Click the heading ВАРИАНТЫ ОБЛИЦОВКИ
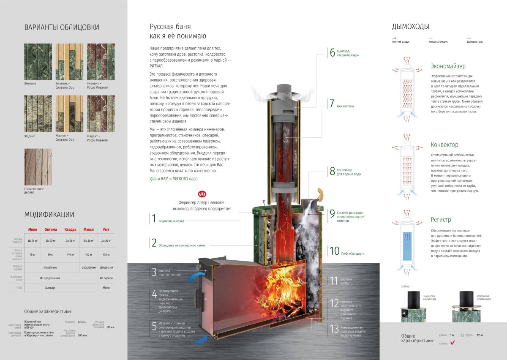pyautogui.click(x=62, y=27)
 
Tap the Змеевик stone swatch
pyautogui.click(x=38, y=62)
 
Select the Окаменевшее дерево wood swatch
pyautogui.click(x=38, y=167)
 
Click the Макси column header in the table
pyautogui.click(x=88, y=229)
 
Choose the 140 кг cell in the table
pyautogui.click(x=70, y=254)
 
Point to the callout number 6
pyautogui.click(x=332, y=53)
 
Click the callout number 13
pyautogui.click(x=334, y=329)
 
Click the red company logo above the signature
pyautogui.click(x=202, y=194)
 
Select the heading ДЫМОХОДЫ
pyautogui.click(x=410, y=27)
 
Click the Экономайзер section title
pyautogui.click(x=448, y=66)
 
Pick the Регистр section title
pyautogui.click(x=441, y=220)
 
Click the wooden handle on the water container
pyautogui.click(x=320, y=194)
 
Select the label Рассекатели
pyautogui.click(x=345, y=106)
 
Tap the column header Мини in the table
pyautogui.click(x=33, y=229)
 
